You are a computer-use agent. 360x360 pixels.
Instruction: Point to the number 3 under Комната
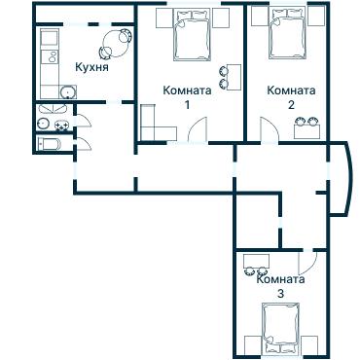(x=280, y=293)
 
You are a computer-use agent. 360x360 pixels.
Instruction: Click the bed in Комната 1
(x=189, y=36)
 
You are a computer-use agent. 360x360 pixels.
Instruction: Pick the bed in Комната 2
(x=286, y=36)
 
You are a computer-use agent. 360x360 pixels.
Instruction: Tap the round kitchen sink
(x=67, y=93)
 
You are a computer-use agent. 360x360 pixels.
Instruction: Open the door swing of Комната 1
(x=199, y=129)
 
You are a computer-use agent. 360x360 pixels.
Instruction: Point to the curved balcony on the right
(x=340, y=179)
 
